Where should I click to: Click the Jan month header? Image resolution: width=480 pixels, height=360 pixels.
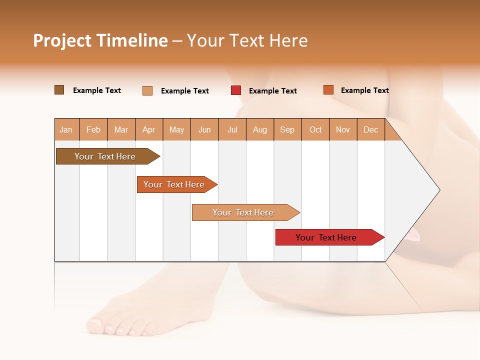pyautogui.click(x=66, y=129)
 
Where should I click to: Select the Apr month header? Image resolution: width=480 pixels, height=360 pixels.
pyautogui.click(x=148, y=129)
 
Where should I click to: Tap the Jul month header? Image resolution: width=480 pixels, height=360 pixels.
pyautogui.click(x=232, y=129)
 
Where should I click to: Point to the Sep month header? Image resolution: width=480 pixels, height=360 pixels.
pyautogui.click(x=287, y=129)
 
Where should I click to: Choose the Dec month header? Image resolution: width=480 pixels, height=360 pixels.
pyautogui.click(x=370, y=129)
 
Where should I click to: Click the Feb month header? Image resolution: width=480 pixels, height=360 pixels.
pyautogui.click(x=93, y=129)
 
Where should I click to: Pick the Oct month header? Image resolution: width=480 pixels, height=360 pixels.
pyautogui.click(x=315, y=129)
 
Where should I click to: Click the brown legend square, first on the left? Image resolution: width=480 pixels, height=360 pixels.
pyautogui.click(x=59, y=90)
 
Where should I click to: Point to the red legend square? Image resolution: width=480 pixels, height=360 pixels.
pyautogui.click(x=236, y=90)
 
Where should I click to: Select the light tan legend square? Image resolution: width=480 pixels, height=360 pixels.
pyautogui.click(x=147, y=90)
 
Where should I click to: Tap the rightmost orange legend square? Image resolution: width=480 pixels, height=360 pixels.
pyautogui.click(x=328, y=90)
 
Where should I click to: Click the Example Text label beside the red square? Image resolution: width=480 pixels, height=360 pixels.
pyautogui.click(x=272, y=91)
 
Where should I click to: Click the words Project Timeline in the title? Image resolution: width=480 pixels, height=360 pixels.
pyautogui.click(x=100, y=40)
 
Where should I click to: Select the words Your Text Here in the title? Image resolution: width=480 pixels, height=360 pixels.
pyautogui.click(x=247, y=40)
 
